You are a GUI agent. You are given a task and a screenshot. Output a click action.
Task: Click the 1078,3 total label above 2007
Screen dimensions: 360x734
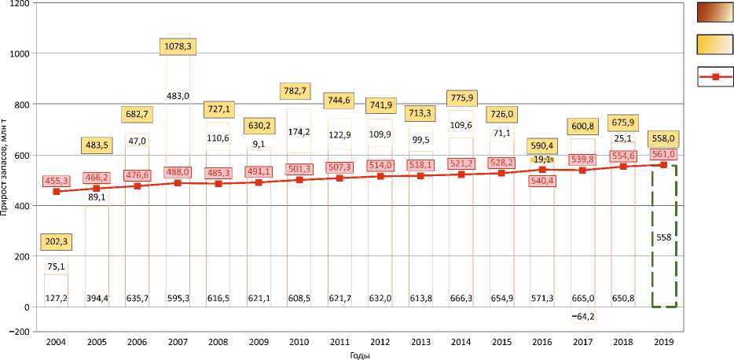(179, 47)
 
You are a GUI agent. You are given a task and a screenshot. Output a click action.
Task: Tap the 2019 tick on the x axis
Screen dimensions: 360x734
(663, 342)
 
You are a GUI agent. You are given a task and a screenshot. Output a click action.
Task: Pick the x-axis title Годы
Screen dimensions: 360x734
(360, 354)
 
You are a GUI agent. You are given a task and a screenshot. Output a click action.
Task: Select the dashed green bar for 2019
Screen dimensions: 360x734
(663, 236)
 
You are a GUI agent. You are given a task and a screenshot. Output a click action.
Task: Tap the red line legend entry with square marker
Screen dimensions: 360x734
(715, 77)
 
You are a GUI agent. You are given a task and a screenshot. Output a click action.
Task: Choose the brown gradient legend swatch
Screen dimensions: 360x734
(715, 13)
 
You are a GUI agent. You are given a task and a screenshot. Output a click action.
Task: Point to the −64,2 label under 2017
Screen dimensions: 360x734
(582, 318)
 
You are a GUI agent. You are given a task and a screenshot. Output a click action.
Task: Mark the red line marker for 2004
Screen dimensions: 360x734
(57, 192)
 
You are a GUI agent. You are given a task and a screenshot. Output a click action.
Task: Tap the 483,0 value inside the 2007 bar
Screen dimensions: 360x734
(179, 96)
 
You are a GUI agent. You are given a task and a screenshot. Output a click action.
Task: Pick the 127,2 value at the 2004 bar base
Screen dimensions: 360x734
(57, 298)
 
